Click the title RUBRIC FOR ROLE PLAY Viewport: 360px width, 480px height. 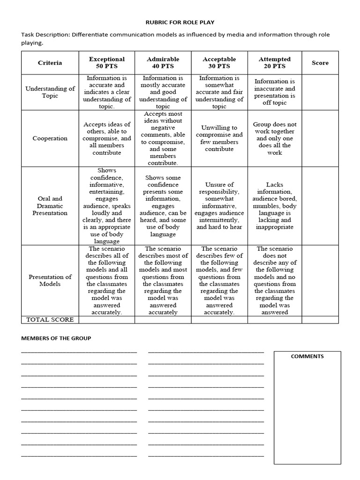tap(180, 22)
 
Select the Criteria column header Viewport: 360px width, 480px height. tap(50, 63)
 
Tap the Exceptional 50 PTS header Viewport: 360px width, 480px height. tap(107, 63)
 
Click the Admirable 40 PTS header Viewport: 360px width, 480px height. tap(163, 63)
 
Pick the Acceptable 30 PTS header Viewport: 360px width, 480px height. tap(219, 63)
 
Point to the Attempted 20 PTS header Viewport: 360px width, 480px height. tap(275, 63)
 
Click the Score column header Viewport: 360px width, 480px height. tap(320, 63)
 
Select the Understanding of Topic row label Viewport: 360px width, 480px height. tap(50, 92)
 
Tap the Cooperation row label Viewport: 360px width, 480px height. tap(50, 138)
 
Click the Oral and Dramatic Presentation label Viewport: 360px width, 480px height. tap(50, 206)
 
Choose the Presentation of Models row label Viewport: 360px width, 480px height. tap(50, 280)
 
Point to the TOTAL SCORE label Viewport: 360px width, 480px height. tap(50, 320)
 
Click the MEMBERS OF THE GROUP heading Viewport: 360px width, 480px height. tap(56, 338)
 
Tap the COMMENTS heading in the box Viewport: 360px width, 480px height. tap(307, 356)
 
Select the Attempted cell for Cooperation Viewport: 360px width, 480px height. tap(275, 138)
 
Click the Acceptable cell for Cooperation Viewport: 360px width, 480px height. tap(219, 138)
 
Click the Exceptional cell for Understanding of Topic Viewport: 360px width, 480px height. tap(107, 92)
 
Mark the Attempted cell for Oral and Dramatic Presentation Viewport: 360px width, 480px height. tap(275, 206)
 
